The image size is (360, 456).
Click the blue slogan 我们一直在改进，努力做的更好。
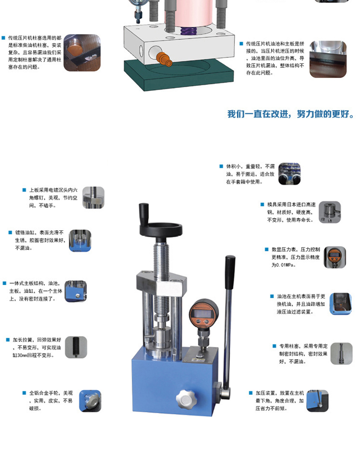click(x=290, y=114)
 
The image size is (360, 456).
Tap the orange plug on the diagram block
click(x=162, y=58)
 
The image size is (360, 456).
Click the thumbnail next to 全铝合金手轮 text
click(x=90, y=401)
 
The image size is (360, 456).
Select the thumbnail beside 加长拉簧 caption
click(x=76, y=347)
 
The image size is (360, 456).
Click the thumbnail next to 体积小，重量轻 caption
click(x=289, y=174)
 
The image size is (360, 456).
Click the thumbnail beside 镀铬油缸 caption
click(x=80, y=241)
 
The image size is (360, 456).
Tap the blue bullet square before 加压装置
click(x=251, y=393)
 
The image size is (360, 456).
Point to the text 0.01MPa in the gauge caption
click(x=283, y=265)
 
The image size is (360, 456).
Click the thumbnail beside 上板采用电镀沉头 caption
click(x=93, y=198)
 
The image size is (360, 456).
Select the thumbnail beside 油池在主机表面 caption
click(x=340, y=304)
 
